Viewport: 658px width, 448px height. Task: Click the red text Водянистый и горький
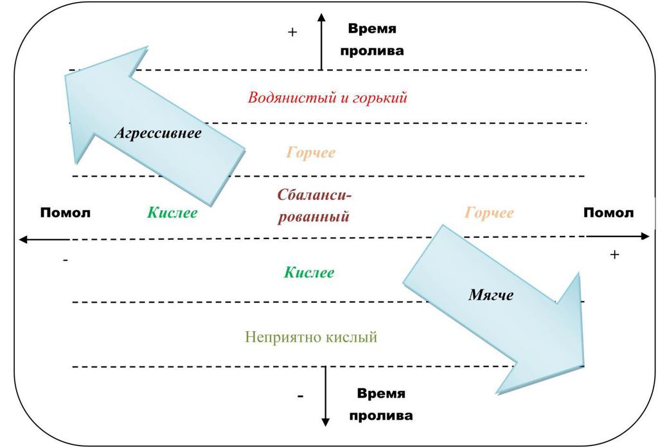click(327, 98)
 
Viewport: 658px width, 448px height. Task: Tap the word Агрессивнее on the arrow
click(158, 134)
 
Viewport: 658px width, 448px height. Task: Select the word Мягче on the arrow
click(490, 295)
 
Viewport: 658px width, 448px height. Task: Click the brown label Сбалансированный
click(314, 206)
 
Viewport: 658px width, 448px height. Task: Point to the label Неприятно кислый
click(311, 337)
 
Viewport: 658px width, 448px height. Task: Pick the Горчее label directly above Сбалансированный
click(311, 152)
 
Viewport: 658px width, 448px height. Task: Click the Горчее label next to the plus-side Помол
click(489, 213)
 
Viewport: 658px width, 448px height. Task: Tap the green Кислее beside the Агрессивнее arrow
click(172, 213)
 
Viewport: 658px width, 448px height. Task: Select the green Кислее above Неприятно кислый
click(309, 272)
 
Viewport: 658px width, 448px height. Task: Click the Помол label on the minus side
click(66, 213)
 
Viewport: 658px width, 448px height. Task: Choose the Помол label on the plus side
click(609, 213)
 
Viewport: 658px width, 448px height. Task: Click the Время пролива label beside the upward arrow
click(372, 40)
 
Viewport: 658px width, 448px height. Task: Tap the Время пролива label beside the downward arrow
click(381, 405)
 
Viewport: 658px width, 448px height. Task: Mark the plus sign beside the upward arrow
click(292, 32)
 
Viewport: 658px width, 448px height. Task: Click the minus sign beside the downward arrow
click(301, 396)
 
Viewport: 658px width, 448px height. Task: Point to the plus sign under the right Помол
click(615, 254)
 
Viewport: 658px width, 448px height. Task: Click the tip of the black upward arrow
click(321, 13)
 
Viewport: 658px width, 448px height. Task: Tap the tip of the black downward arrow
click(325, 426)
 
